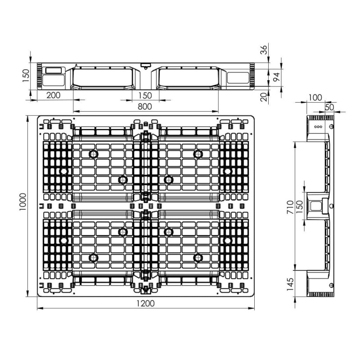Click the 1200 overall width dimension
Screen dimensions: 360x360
click(x=144, y=303)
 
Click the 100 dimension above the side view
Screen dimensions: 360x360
click(x=316, y=97)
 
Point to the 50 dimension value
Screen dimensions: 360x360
click(x=329, y=107)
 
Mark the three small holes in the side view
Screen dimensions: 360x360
click(x=318, y=126)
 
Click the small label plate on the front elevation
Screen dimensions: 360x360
click(x=54, y=71)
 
